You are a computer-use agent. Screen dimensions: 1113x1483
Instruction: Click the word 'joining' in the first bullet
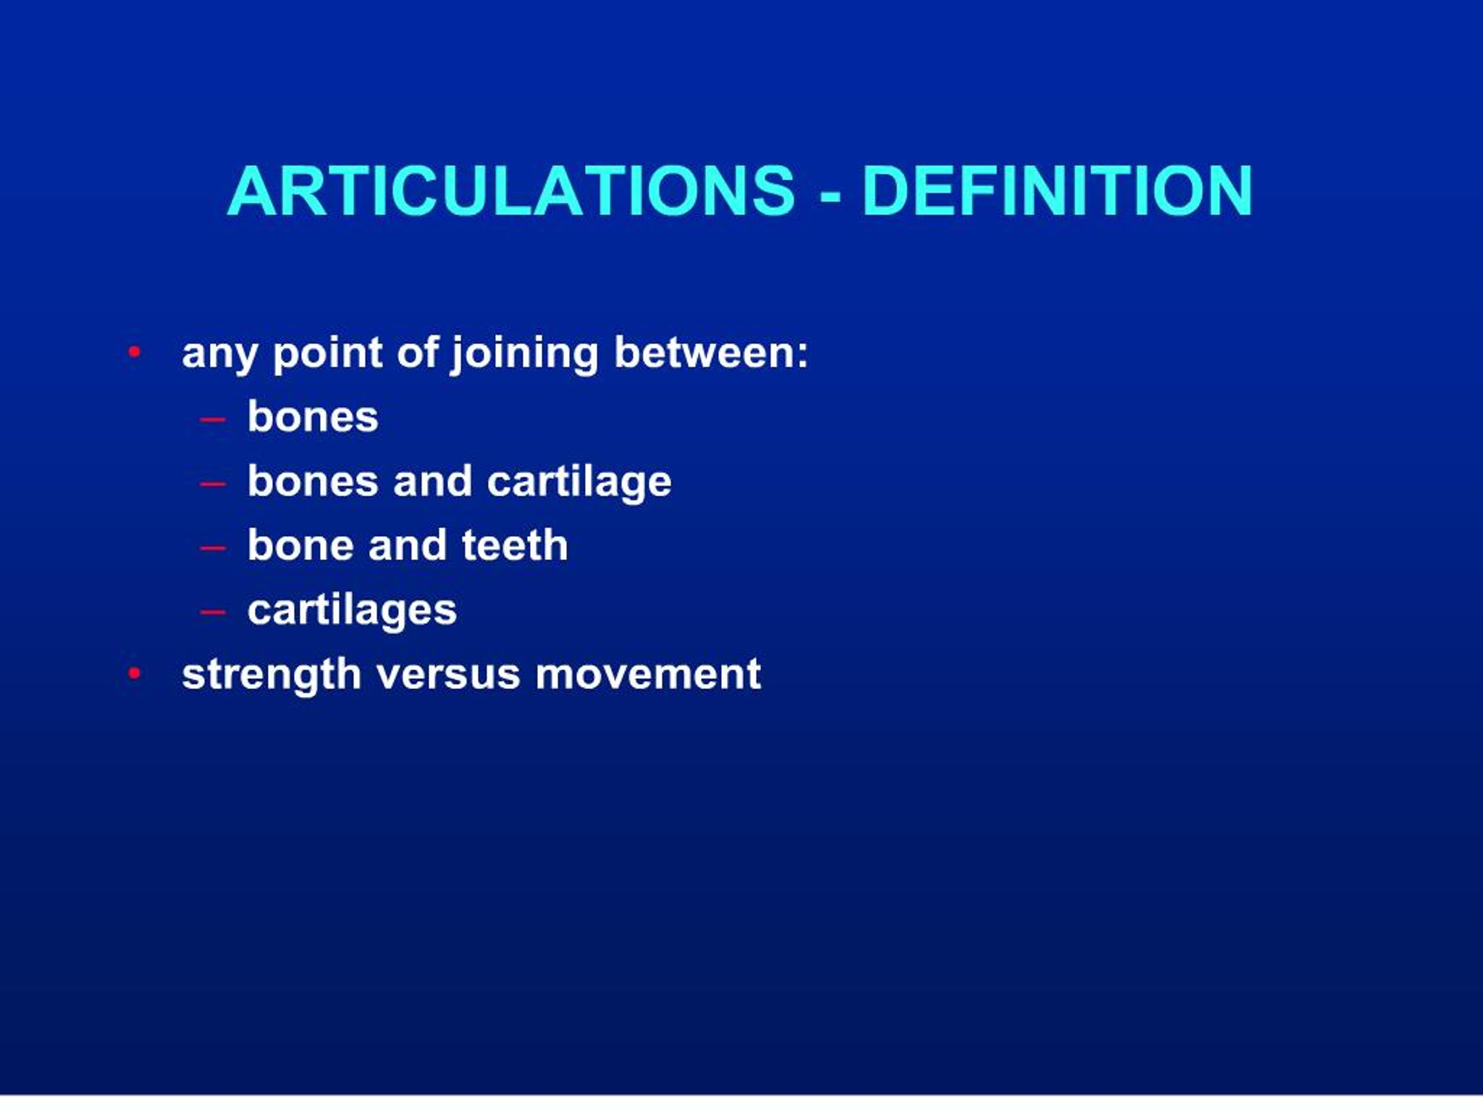(524, 354)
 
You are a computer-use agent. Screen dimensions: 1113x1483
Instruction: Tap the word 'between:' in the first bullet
(711, 352)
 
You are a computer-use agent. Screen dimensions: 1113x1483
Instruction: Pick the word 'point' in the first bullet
(327, 354)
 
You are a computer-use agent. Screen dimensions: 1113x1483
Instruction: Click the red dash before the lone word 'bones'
(213, 420)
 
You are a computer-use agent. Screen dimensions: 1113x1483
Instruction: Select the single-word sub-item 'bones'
(312, 417)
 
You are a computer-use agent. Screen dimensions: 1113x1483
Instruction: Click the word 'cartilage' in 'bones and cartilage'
(579, 482)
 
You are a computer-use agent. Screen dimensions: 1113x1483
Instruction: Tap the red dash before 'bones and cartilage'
(213, 483)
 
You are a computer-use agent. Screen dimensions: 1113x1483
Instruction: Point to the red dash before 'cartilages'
(213, 612)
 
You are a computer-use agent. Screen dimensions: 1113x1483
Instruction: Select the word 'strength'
(271, 674)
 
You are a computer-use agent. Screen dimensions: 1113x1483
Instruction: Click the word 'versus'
(448, 674)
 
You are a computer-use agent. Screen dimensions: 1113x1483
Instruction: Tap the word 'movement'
(648, 674)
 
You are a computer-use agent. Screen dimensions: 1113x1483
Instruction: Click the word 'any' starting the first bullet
(219, 354)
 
